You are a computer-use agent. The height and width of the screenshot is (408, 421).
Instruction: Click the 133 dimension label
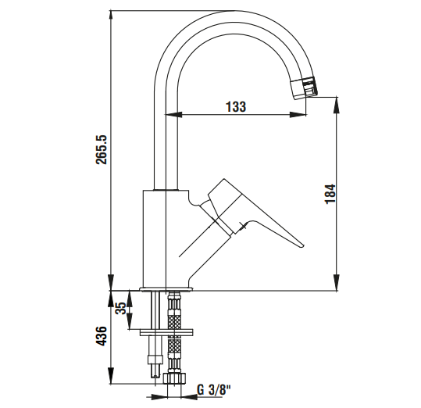tap(236, 106)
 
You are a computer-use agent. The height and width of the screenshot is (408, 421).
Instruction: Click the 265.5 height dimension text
tap(102, 149)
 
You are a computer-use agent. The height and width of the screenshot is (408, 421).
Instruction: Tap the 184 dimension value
tap(330, 194)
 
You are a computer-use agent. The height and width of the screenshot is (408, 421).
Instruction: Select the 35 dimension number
tap(120, 308)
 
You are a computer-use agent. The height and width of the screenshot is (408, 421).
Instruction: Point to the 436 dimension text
tap(102, 336)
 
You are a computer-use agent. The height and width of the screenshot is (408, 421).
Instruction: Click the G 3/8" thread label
tap(214, 389)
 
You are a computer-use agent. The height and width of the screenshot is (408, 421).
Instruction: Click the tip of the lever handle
tap(303, 245)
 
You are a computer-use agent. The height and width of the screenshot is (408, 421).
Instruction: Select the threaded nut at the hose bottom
tap(175, 378)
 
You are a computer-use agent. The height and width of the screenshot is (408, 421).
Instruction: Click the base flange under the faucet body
tap(166, 289)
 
